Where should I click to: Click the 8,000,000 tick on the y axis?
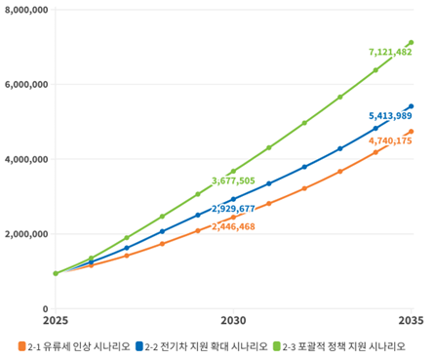pyautogui.click(x=25, y=10)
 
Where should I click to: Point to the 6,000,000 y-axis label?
pyautogui.click(x=25, y=85)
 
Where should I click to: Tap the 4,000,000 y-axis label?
pyautogui.click(x=25, y=159)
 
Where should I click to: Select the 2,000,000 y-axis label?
pyautogui.click(x=25, y=234)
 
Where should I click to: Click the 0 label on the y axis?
pyautogui.click(x=45, y=309)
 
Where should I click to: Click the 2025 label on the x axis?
pyautogui.click(x=56, y=321)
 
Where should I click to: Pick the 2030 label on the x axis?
pyautogui.click(x=233, y=321)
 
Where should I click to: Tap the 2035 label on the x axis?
pyautogui.click(x=411, y=321)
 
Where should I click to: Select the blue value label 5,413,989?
pyautogui.click(x=390, y=116)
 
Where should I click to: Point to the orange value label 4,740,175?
pyautogui.click(x=390, y=141)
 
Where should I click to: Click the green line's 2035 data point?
pyautogui.click(x=411, y=42)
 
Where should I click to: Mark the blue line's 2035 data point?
pyautogui.click(x=411, y=106)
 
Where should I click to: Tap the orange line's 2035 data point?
pyautogui.click(x=411, y=132)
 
